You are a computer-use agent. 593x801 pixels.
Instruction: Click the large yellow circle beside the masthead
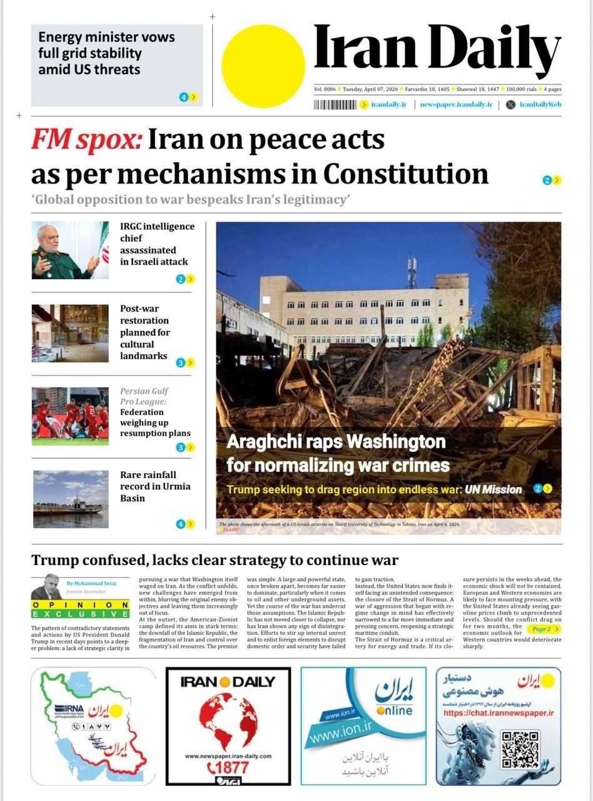pos(263,66)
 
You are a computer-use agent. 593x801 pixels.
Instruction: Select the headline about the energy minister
pos(106,53)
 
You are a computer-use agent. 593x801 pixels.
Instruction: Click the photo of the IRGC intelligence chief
pos(70,250)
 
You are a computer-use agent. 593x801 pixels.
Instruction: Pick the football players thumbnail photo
pos(70,416)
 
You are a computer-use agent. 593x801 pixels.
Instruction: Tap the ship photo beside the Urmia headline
pos(70,499)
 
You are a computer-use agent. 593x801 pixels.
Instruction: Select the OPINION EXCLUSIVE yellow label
pos(80,610)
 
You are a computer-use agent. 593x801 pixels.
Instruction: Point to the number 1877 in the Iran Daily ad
pos(231,767)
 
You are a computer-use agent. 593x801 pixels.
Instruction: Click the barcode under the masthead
pos(335,105)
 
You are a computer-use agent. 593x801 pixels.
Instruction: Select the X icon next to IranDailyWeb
pos(510,105)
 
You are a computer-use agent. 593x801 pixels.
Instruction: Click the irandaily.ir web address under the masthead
pos(388,105)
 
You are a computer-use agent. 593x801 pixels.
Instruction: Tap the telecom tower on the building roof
pos(412,272)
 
